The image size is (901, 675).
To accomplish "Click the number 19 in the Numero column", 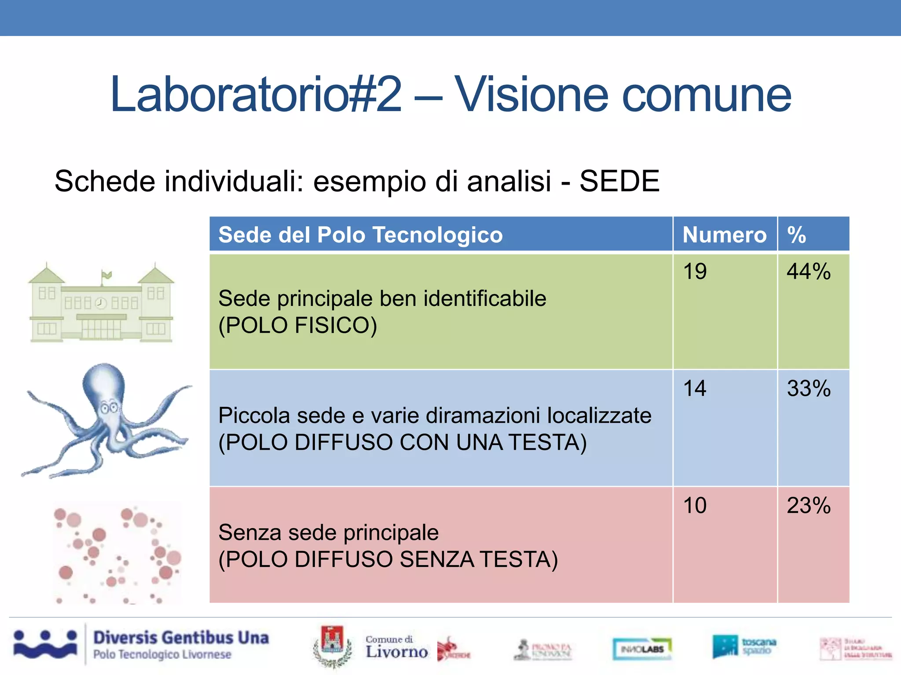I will tap(695, 271).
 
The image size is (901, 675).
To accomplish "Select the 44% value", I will tap(809, 271).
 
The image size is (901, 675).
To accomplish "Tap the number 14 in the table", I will tap(695, 388).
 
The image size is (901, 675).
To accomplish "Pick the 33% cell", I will tap(809, 388).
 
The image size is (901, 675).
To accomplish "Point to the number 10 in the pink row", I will tap(695, 505).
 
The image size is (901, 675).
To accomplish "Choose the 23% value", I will tap(809, 505).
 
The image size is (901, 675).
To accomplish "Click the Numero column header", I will tap(724, 235).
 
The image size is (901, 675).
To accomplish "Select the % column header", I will tap(796, 235).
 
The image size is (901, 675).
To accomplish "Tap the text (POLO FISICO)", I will tap(298, 326).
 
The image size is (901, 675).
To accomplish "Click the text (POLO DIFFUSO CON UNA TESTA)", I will tap(403, 443).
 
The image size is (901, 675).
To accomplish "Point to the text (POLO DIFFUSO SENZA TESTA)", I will tap(388, 559).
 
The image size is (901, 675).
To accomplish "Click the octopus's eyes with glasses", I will tap(110, 407).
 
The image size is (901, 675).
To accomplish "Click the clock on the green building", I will tap(101, 303).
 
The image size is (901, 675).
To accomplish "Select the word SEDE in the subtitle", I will tap(619, 181).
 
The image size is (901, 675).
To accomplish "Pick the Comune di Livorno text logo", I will tap(396, 647).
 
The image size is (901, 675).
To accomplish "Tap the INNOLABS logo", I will tap(642, 649).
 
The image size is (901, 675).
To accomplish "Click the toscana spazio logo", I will tap(744, 646).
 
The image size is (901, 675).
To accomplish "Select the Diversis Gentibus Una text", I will tap(181, 638).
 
